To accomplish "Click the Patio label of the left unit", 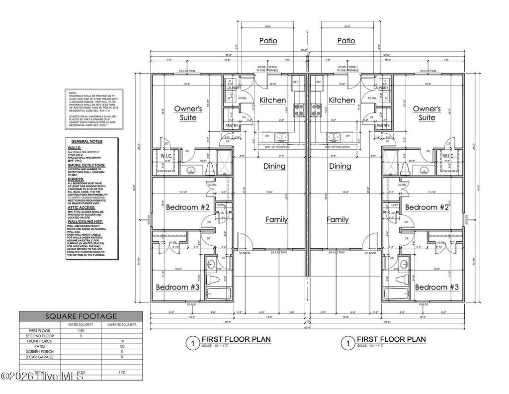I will point(268,41).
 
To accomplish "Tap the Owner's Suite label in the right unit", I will point(426,113).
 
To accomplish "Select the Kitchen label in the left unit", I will point(272,100).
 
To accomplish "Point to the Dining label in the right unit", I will point(340,166).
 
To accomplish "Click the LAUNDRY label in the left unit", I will point(232,88).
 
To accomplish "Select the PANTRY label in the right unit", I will point(382,126).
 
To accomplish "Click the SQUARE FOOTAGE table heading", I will point(81,316).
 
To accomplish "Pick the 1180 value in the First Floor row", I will point(81,330).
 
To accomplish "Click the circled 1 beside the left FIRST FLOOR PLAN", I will point(190,343).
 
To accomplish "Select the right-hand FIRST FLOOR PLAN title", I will point(391,339).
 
